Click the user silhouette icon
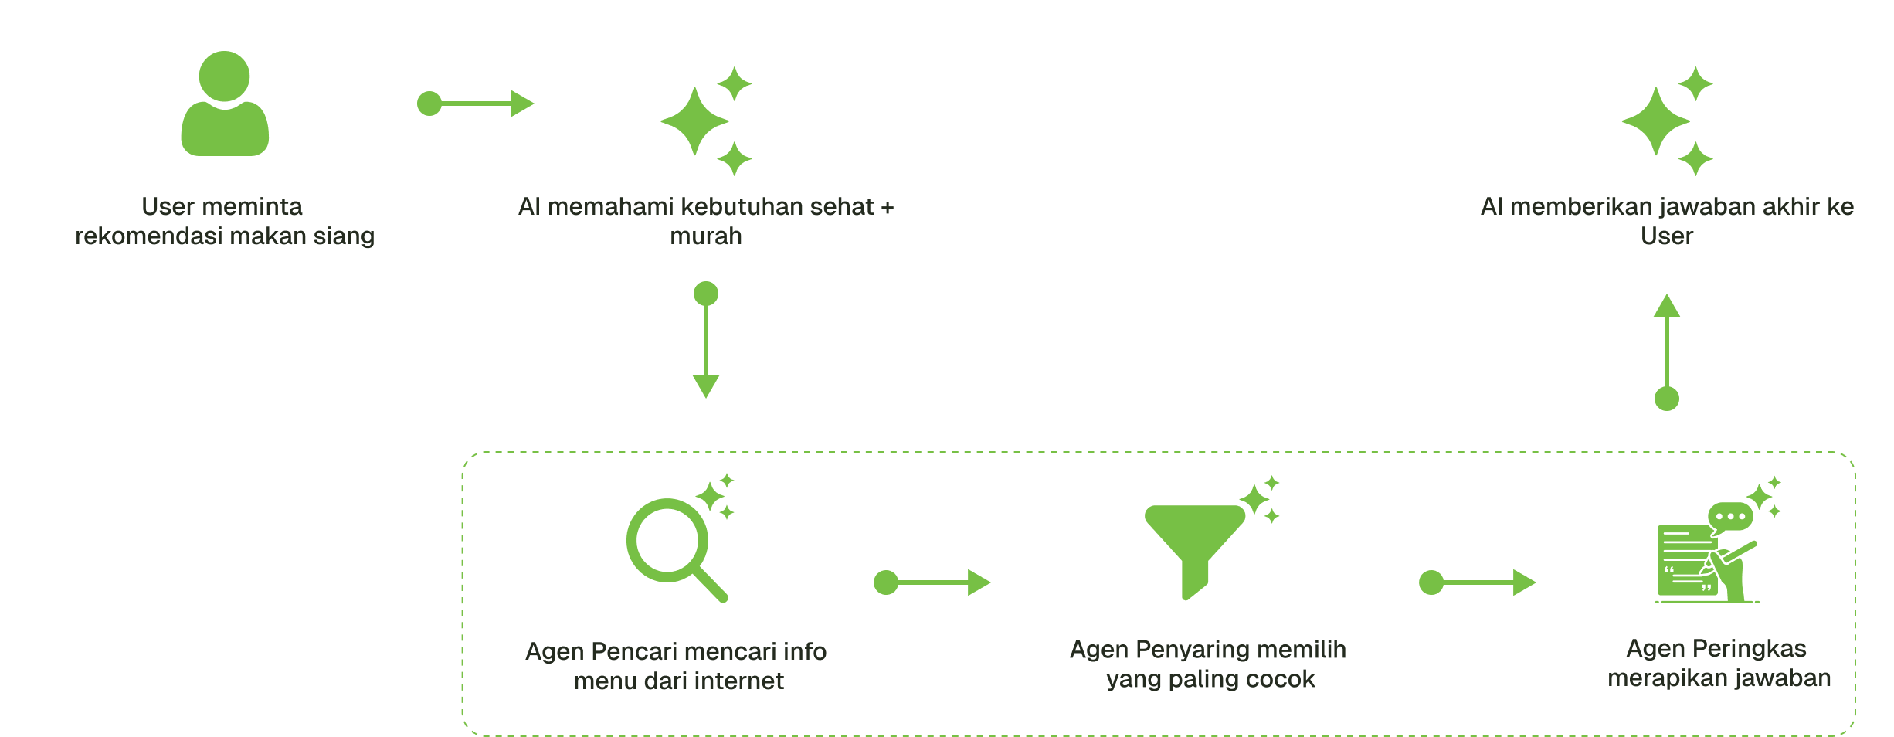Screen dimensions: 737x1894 tap(225, 104)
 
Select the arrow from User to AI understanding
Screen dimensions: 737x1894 tap(475, 104)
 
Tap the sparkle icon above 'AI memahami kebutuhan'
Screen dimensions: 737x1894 tap(705, 121)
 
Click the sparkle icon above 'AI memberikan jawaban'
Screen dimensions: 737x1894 tap(1666, 121)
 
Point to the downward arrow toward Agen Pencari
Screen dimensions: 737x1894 tap(706, 340)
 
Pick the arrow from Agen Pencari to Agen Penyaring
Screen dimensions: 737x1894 tap(932, 582)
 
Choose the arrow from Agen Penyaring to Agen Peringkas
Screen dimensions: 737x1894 tap(1477, 582)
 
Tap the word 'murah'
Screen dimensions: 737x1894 tap(705, 236)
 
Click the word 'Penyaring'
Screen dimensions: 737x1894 tap(1190, 650)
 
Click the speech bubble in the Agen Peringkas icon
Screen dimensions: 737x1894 tap(1729, 516)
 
